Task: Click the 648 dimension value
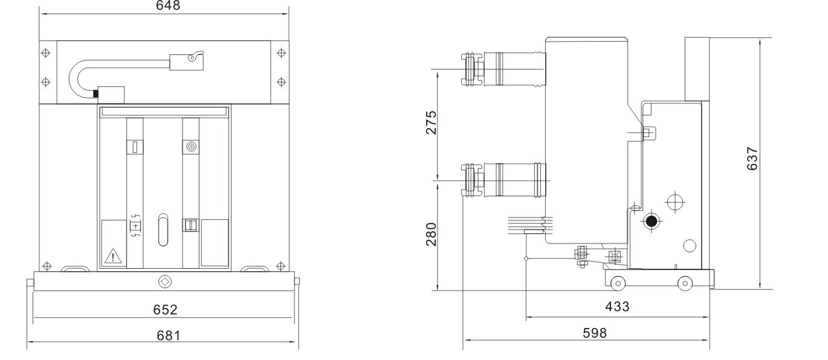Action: tap(168, 5)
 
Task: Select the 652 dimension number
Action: tap(165, 310)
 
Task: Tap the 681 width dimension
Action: tap(169, 336)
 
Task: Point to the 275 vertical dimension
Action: tap(432, 123)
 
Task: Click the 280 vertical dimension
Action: tap(432, 234)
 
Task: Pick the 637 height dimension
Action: tap(752, 159)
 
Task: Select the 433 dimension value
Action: tap(617, 306)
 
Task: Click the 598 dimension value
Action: tap(595, 333)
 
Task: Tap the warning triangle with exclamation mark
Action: tap(113, 256)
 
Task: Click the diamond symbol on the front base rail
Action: tap(165, 281)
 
